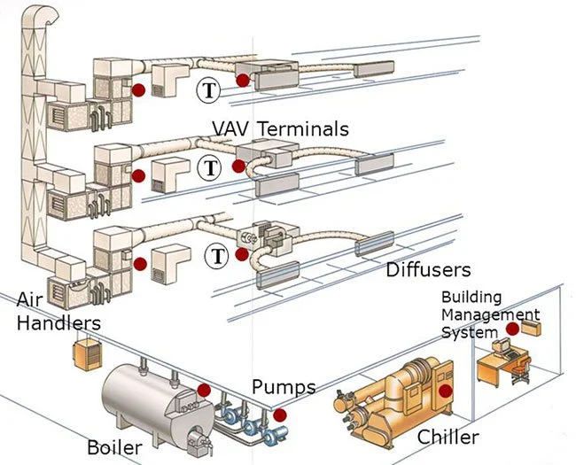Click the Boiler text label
click(114, 446)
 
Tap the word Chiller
click(448, 437)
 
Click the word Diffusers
click(428, 268)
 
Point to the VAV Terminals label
click(280, 128)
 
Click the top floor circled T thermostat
click(208, 89)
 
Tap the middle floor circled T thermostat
click(210, 166)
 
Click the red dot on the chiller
click(446, 390)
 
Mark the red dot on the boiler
click(204, 390)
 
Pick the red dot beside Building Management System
click(512, 329)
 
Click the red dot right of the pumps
click(280, 414)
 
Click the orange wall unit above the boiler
click(89, 352)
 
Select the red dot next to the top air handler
click(138, 89)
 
